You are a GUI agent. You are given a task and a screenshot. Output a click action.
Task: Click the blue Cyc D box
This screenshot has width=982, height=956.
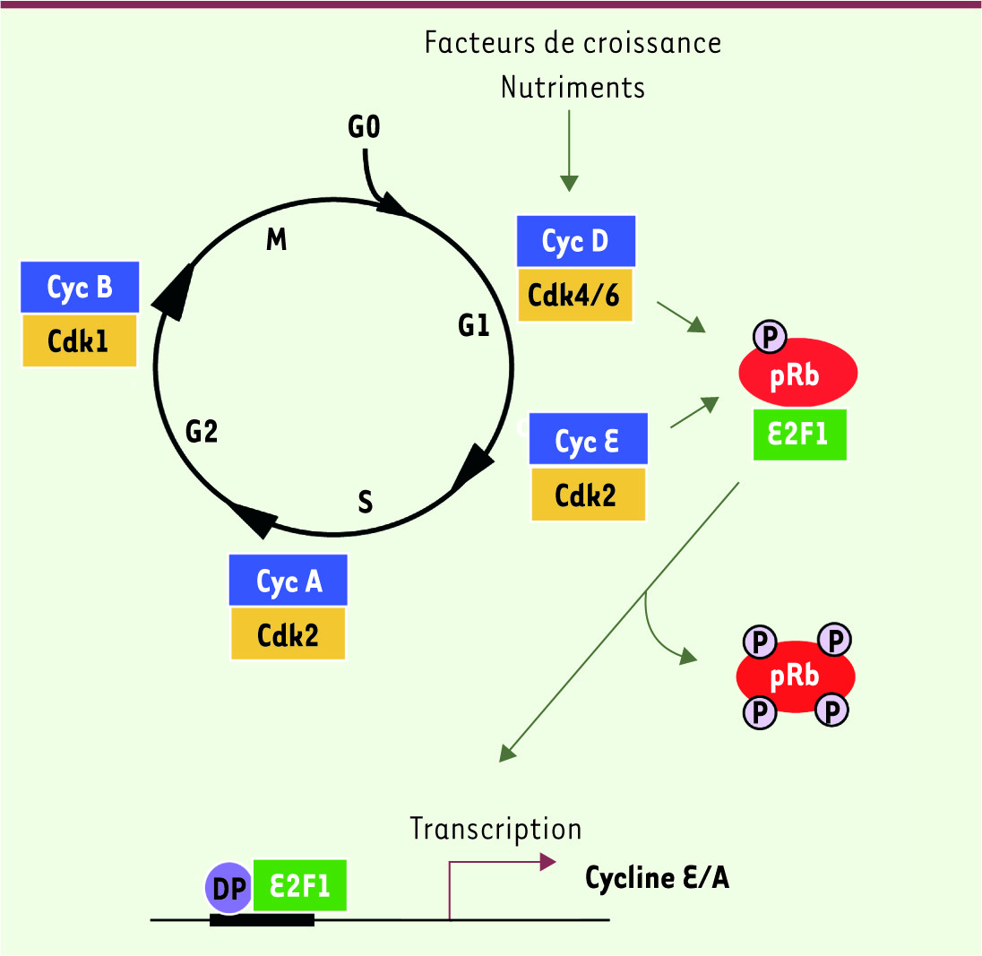(x=575, y=241)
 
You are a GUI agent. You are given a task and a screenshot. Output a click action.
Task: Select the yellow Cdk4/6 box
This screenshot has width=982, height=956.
(x=575, y=295)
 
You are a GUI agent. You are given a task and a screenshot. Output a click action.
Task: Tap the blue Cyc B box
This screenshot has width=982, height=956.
(x=80, y=287)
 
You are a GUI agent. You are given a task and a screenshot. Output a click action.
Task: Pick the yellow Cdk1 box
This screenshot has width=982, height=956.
(x=79, y=340)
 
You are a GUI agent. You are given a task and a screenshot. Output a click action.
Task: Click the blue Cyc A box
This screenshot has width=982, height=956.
(x=289, y=580)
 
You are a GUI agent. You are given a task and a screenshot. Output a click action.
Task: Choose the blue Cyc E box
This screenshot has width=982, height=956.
(x=588, y=438)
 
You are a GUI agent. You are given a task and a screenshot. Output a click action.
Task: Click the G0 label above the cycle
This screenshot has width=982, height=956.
(x=364, y=126)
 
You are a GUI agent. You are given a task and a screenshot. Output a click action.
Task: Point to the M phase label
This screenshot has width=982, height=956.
(x=276, y=239)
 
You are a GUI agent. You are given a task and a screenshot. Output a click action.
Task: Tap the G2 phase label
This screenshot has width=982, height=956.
(x=202, y=431)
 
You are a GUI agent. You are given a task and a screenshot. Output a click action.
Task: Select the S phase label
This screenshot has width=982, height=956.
(x=366, y=502)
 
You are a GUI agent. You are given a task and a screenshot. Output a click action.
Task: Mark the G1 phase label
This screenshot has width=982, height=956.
(x=473, y=325)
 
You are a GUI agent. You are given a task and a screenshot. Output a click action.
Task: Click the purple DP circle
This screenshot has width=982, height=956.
(x=229, y=888)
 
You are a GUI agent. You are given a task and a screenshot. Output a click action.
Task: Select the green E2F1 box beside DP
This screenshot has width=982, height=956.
(x=299, y=885)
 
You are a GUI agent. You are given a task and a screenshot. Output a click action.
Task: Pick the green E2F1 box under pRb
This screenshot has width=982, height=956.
(x=800, y=435)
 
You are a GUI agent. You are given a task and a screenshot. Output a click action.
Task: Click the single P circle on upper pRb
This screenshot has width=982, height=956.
(x=770, y=336)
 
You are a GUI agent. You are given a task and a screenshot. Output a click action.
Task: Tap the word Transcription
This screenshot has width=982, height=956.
(x=496, y=829)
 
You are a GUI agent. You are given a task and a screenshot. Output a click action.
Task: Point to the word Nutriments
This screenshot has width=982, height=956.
(x=573, y=87)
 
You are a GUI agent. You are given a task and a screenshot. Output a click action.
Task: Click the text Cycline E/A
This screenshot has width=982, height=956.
(x=657, y=878)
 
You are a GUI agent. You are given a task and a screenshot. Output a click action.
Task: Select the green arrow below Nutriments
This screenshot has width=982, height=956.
(x=569, y=151)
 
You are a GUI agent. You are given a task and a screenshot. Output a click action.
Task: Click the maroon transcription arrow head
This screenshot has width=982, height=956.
(x=548, y=862)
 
